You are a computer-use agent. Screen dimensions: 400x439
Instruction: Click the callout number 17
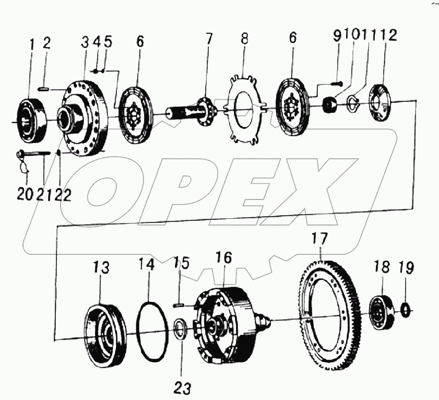tap(319, 240)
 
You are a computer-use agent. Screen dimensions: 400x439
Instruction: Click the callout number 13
tap(101, 268)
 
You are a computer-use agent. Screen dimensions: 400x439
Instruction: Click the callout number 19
tap(406, 268)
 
